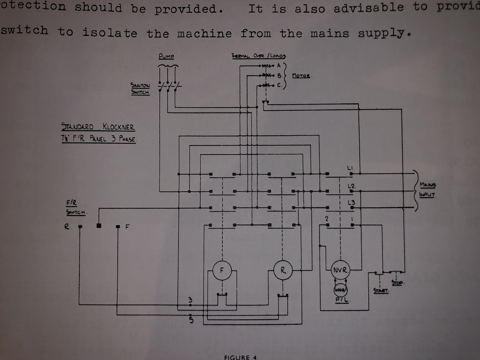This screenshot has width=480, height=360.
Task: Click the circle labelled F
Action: [222, 270]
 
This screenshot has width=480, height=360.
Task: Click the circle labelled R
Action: [283, 270]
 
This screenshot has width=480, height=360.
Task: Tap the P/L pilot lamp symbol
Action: [340, 291]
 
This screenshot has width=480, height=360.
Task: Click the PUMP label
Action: [166, 56]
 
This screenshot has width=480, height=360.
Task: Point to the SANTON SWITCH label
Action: [140, 89]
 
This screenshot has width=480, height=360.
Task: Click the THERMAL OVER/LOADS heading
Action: [259, 56]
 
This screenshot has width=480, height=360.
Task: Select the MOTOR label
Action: [301, 76]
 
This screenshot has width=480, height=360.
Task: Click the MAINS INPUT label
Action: [427, 189]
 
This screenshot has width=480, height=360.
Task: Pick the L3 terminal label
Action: [351, 203]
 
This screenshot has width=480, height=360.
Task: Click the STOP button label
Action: [397, 283]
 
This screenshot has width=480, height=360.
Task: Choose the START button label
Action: [381, 291]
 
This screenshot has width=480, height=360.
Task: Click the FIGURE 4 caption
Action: [240, 357]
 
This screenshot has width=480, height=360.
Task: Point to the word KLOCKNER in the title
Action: [118, 127]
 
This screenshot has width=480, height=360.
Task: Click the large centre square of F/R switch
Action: [99, 226]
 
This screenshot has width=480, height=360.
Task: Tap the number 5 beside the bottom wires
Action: [191, 320]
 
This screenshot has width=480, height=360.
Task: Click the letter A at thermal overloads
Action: [279, 65]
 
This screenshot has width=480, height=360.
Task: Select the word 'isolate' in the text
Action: [110, 33]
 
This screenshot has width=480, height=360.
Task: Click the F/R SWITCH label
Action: [76, 207]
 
